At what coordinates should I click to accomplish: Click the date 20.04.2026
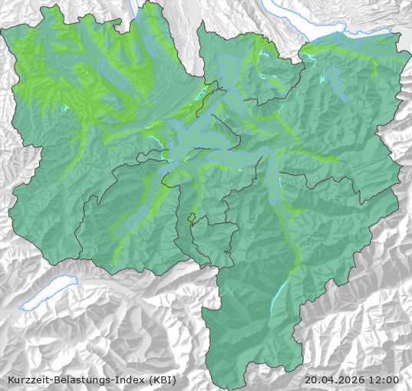[335, 379]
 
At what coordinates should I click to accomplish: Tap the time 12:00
[384, 379]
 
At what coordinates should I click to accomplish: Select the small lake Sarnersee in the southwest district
[132, 219]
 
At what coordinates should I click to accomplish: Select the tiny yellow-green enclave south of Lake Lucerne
[192, 218]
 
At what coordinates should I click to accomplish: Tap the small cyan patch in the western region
[65, 108]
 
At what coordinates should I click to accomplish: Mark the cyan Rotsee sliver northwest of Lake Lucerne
[201, 94]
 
